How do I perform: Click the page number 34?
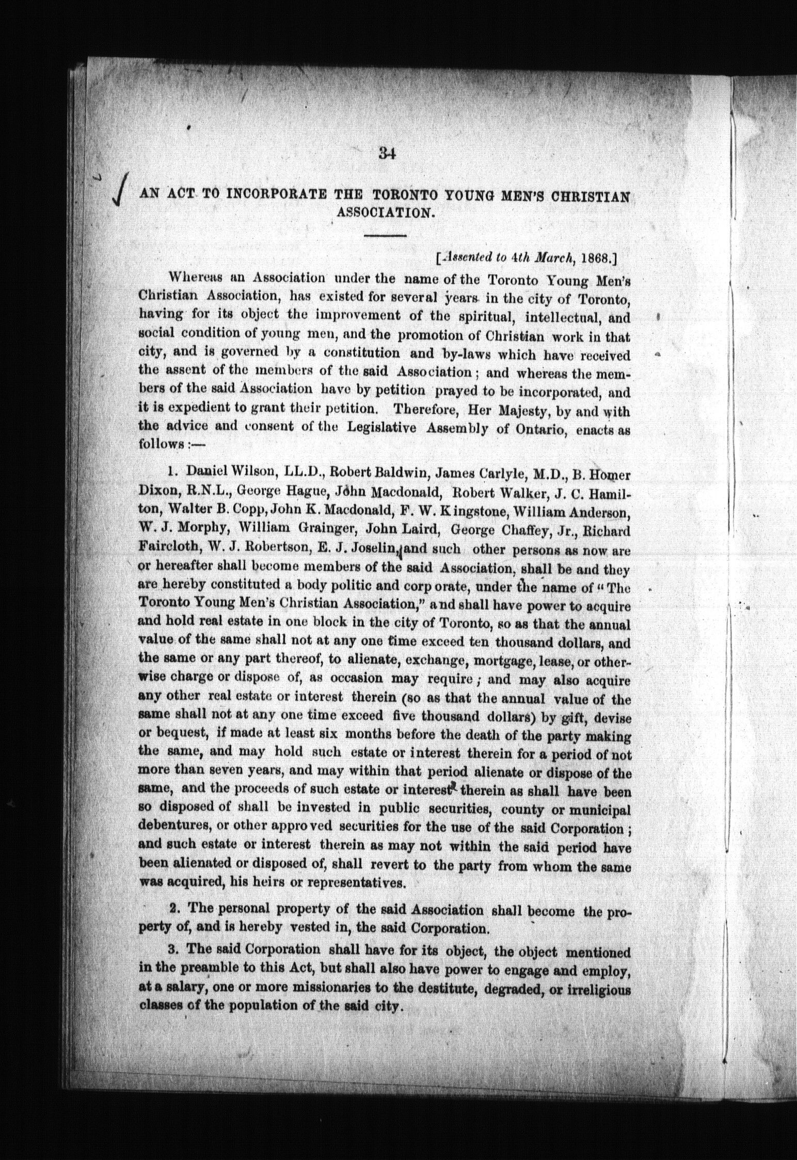tap(386, 153)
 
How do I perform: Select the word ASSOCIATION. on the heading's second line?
tap(384, 212)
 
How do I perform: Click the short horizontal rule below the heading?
tap(385, 236)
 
